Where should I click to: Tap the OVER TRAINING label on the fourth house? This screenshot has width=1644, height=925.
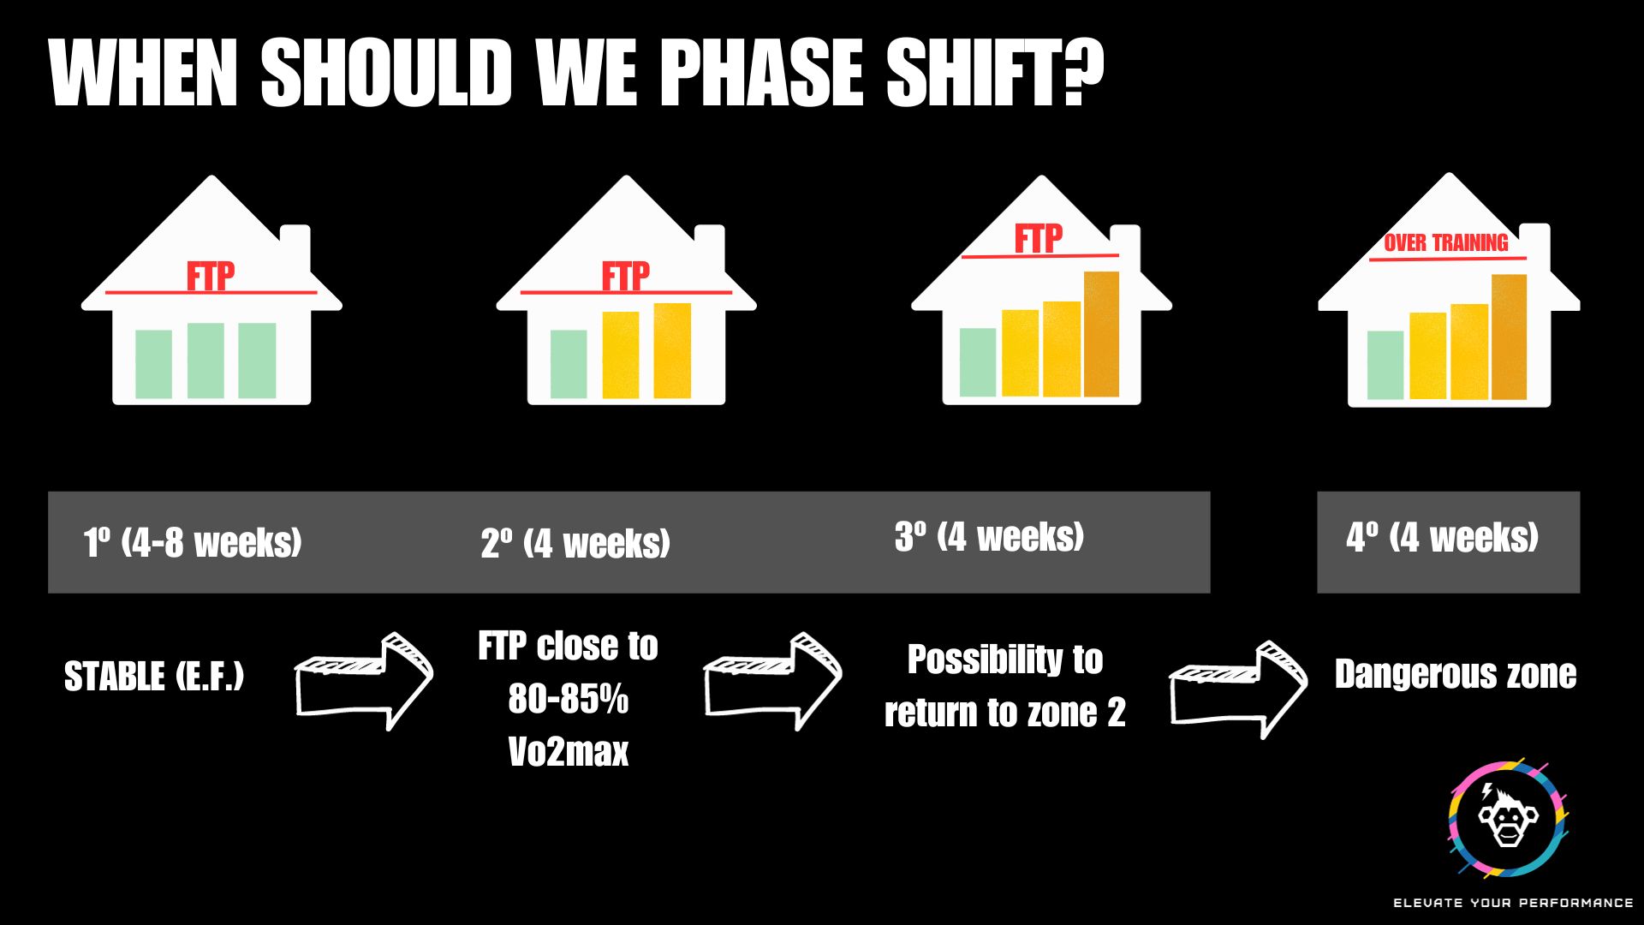click(x=1446, y=243)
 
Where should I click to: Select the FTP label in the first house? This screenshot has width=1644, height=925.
click(x=211, y=277)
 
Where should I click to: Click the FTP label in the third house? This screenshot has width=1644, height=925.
click(x=1039, y=239)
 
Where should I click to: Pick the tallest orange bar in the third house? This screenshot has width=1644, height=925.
click(x=1101, y=334)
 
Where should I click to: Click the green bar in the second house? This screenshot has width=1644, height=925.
click(x=569, y=364)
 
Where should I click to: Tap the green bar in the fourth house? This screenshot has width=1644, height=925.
click(x=1385, y=365)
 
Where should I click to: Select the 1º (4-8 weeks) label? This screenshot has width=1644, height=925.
click(x=193, y=542)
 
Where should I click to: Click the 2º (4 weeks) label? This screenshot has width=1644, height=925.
click(x=575, y=543)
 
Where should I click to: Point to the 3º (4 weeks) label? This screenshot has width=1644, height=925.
click(x=990, y=537)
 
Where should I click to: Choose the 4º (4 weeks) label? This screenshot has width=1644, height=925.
click(x=1443, y=538)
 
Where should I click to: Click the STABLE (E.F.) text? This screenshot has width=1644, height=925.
click(x=154, y=677)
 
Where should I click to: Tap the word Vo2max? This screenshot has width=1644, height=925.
click(x=569, y=752)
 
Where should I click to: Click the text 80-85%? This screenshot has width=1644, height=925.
click(x=569, y=699)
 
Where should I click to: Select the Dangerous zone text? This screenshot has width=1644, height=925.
click(x=1456, y=674)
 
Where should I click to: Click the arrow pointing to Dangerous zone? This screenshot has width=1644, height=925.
click(x=1239, y=689)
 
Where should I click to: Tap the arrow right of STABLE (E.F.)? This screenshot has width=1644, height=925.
click(x=364, y=681)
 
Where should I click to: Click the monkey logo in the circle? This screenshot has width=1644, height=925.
click(x=1507, y=818)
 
